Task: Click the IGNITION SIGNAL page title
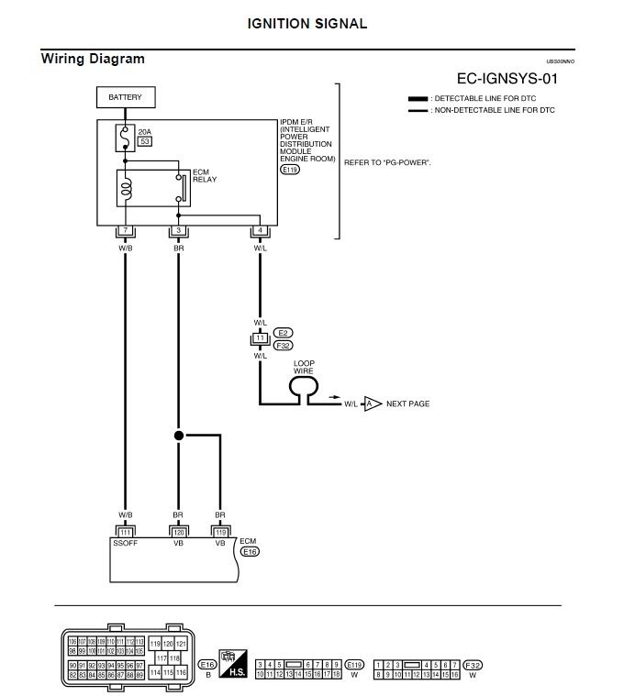coord(307,24)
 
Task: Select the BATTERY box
coord(125,96)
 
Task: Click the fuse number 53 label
coord(144,142)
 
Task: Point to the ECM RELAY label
coord(204,175)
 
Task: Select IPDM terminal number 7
coord(126,231)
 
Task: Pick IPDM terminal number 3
coord(178,231)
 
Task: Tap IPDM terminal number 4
coord(260,231)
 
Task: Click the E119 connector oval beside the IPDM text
coord(290,170)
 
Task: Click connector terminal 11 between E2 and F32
coord(260,338)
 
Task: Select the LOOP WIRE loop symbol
coord(303,389)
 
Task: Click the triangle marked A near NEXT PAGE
coord(372,403)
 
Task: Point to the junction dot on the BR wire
coord(179,436)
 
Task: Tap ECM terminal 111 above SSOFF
coord(126,532)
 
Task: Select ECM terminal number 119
coord(219,532)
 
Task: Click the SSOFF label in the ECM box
coord(126,543)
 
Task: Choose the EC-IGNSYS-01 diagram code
coord(507,79)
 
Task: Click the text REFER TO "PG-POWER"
coord(387,162)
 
